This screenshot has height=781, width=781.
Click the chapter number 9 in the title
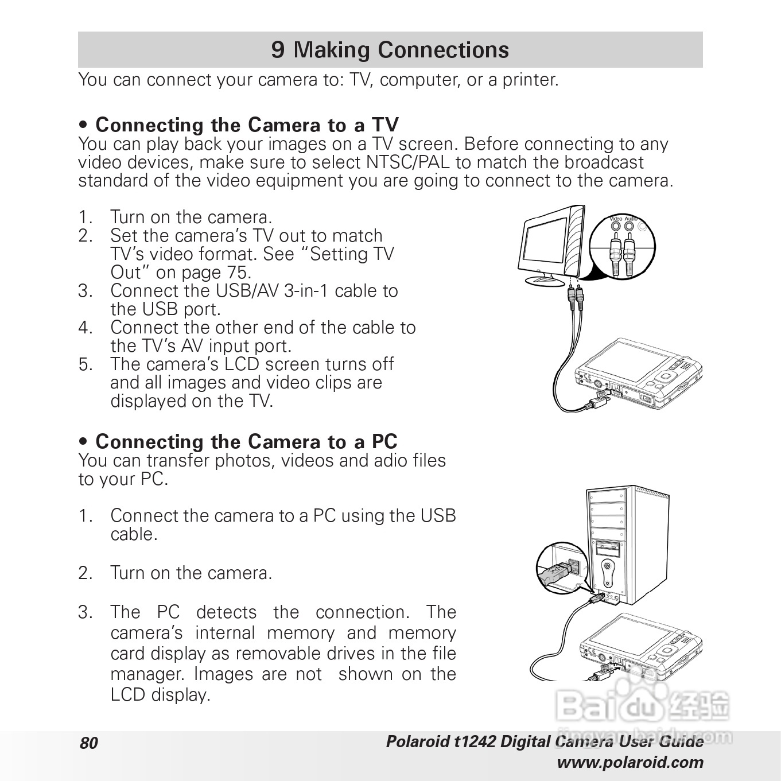278,50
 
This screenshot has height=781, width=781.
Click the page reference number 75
239,272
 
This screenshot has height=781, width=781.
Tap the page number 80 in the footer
89,743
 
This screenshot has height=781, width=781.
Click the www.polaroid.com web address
630,763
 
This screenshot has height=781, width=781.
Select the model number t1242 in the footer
474,742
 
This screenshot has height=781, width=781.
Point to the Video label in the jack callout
616,219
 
